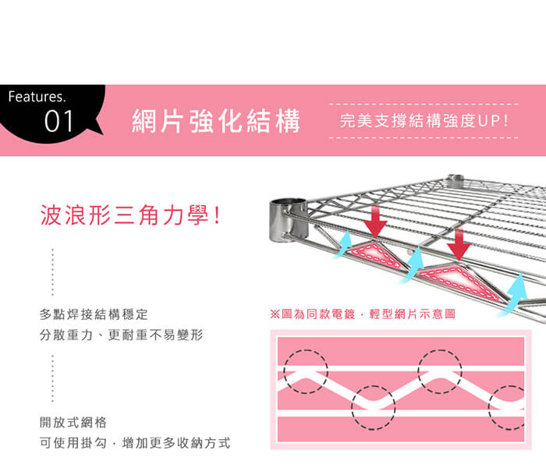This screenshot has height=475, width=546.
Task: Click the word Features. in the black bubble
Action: coord(37,98)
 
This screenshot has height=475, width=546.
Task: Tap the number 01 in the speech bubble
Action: coord(59,122)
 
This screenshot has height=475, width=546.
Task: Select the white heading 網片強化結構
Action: coord(216,122)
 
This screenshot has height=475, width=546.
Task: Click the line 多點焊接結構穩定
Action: coord(94,314)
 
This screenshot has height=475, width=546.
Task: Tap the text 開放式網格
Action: coord(73,422)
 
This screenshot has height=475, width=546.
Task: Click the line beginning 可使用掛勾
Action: coord(135,442)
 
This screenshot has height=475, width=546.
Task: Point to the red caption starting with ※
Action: coord(362,314)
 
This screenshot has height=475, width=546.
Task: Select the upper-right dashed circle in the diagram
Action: coord(440,370)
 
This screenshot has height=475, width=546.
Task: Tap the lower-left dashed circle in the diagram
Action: coord(373,408)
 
